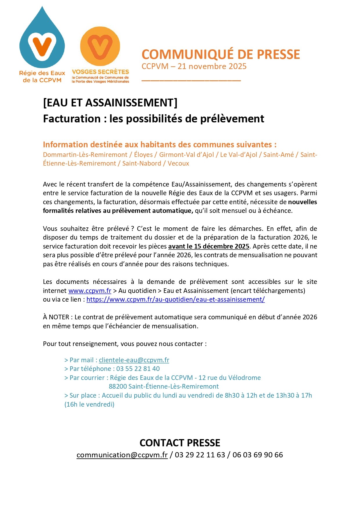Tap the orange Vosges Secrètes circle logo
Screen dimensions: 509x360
coord(100,46)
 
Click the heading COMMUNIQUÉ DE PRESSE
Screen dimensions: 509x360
coord(221,55)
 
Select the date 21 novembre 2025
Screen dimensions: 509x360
coord(212,66)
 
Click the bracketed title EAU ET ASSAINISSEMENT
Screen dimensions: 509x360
coord(110,103)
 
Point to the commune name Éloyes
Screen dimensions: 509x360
coord(143,155)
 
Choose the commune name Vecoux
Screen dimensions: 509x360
coord(178,163)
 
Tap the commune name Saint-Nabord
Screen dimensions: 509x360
coord(142,163)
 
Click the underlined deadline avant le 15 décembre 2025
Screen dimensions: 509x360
coord(209,246)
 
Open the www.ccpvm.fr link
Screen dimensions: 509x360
coord(90,291)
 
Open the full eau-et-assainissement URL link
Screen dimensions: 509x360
coord(176,299)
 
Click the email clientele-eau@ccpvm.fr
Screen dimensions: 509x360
coord(134,360)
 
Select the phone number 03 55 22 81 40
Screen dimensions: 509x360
coord(138,369)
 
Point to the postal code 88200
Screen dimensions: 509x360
coord(118,386)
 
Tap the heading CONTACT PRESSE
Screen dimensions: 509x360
coord(180,443)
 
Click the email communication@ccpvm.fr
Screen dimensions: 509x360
coord(122,455)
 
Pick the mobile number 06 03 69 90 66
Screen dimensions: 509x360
coord(258,455)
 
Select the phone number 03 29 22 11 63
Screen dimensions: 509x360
coord(200,455)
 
